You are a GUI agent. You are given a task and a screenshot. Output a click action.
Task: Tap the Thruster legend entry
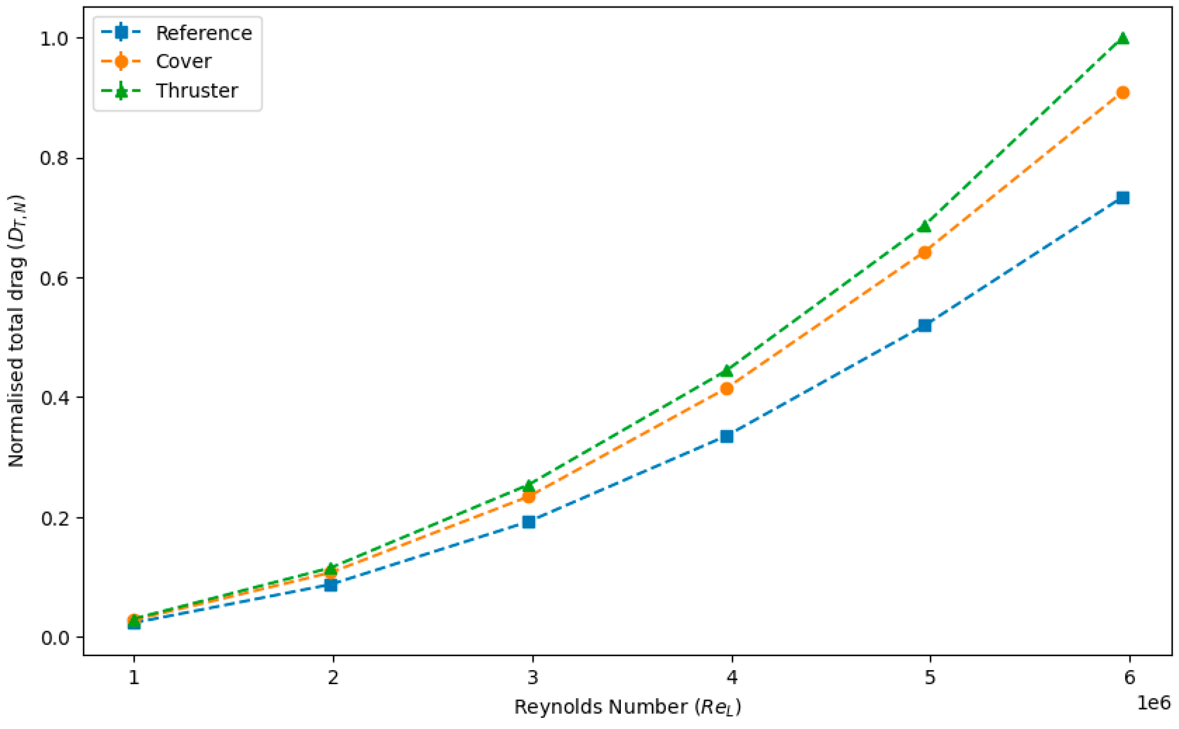click(x=169, y=90)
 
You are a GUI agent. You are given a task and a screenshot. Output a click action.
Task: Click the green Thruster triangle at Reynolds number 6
click(x=1123, y=38)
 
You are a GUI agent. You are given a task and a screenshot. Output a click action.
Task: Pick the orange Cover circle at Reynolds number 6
click(x=1123, y=93)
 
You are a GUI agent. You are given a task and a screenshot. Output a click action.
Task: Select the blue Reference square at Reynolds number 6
click(x=1123, y=198)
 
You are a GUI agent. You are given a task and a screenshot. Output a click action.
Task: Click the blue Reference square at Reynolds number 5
click(x=925, y=326)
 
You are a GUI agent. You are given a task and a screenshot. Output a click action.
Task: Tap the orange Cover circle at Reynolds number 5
click(x=925, y=252)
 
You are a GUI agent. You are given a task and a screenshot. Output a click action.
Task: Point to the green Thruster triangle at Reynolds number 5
click(x=925, y=226)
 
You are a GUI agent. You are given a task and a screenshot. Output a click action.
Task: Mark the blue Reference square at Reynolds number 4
click(x=727, y=436)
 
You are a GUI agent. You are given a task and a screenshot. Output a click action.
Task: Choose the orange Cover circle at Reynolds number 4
click(x=727, y=389)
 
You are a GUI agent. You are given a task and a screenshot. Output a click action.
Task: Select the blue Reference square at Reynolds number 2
click(x=331, y=585)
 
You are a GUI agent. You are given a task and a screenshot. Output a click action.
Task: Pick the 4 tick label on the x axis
click(x=732, y=678)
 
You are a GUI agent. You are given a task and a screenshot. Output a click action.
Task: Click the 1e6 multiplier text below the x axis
click(x=1154, y=703)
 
